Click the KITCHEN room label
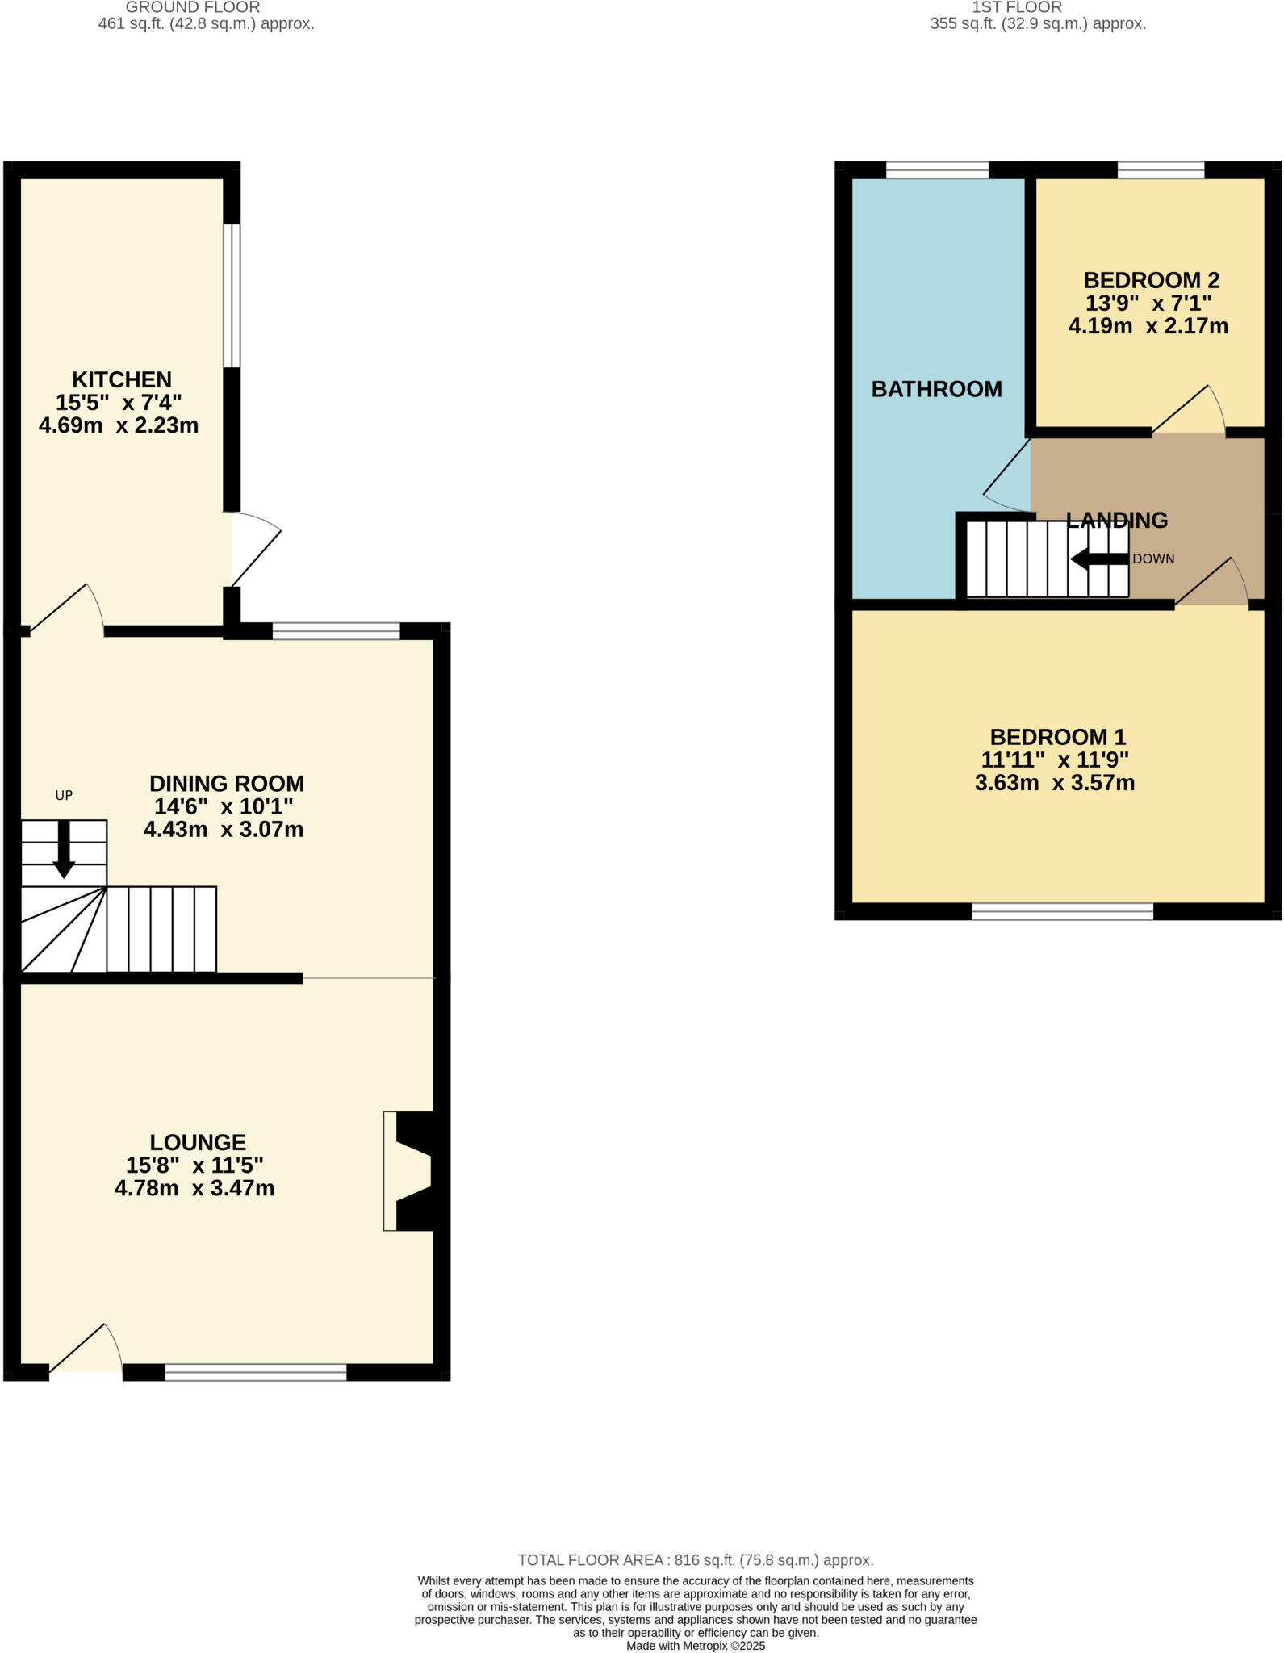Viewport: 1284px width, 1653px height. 122,379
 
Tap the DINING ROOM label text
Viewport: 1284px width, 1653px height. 227,784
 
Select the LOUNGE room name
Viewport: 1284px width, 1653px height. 198,1142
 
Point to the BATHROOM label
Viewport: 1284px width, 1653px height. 936,389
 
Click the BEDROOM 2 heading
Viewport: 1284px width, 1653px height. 1151,280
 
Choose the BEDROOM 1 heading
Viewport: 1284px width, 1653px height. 1057,737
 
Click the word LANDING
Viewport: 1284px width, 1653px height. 1117,521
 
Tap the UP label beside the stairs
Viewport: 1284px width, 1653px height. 64,795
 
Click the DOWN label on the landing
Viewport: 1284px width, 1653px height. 1153,559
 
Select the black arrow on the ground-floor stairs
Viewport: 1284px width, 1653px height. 64,851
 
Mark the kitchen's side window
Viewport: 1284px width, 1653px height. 232,295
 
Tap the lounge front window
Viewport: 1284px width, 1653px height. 256,1372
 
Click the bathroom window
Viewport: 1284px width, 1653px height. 937,169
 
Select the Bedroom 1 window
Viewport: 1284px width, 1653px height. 1062,911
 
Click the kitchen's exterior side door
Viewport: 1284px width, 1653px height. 255,550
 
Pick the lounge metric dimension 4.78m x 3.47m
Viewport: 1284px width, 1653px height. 194,1188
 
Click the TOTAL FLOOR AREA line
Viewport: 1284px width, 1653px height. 695,1560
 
